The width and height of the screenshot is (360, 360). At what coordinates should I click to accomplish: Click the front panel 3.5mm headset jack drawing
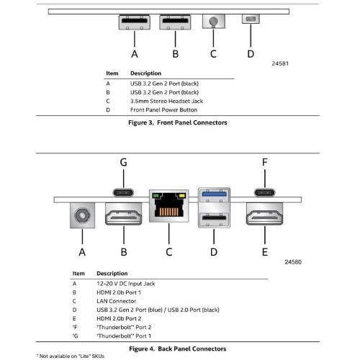pos(214,21)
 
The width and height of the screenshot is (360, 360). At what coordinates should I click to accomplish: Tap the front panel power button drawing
pos(251,19)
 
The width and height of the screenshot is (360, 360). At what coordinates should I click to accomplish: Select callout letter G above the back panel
pos(123,163)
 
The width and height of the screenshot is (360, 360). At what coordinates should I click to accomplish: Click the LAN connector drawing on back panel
pos(169,206)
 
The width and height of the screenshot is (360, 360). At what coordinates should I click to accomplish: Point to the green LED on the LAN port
pos(156,196)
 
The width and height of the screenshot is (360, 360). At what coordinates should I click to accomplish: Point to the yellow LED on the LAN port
pos(182,196)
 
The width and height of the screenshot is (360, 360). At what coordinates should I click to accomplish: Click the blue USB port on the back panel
pos(214,194)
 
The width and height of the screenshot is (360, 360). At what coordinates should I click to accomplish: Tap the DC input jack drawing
pos(82,215)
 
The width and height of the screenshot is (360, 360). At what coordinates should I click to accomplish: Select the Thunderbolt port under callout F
pos(265,192)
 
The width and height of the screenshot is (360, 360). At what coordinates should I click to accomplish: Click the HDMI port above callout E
pos(265,214)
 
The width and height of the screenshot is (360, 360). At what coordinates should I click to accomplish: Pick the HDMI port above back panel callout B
pos(124,214)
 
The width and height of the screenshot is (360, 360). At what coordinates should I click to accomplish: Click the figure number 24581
pos(280,63)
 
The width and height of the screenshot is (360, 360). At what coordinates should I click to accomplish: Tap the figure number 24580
pos(293,262)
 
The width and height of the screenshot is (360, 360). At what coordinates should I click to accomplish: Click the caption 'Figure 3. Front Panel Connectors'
pos(178,122)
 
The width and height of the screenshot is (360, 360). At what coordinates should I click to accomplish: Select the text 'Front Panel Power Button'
pos(163,110)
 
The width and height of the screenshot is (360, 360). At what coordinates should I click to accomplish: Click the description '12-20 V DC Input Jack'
pos(126,284)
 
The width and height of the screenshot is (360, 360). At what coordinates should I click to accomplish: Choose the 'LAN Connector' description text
pos(116,301)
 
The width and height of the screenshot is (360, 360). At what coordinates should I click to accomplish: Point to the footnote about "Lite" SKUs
pos(71,356)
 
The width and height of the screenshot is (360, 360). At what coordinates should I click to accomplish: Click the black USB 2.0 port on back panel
pos(214,218)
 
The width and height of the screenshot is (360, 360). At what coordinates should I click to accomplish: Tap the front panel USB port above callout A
pos(135,22)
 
